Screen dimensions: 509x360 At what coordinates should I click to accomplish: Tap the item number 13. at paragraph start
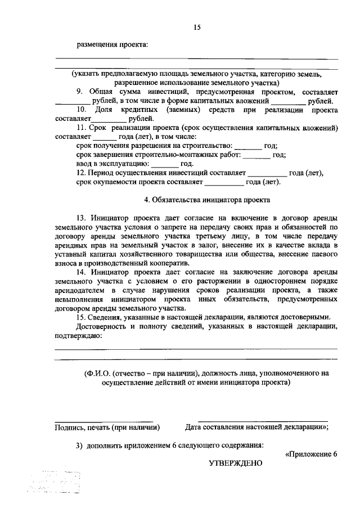coord(82,218)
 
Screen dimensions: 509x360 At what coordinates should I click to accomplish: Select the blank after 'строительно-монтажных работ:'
coord(256,155)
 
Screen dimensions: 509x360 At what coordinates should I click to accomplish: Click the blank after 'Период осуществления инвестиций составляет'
coord(267,174)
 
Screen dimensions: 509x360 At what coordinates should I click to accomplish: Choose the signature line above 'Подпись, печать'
coord(103,420)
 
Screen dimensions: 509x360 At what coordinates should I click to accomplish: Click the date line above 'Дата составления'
coord(263,420)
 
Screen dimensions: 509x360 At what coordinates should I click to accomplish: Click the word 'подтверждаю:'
coord(78,336)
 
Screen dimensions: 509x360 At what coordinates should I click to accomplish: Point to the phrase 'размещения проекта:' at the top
coord(112,45)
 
